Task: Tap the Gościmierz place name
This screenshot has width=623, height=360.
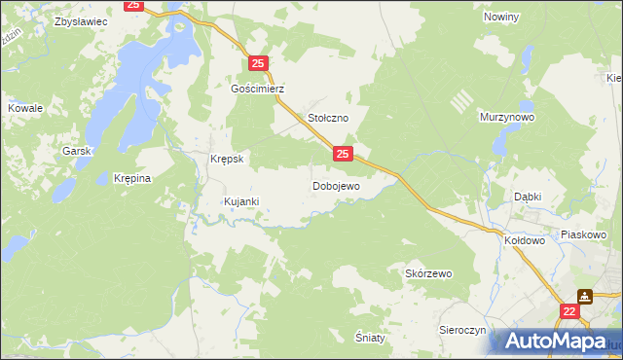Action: click(257, 88)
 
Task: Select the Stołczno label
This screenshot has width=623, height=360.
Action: click(328, 117)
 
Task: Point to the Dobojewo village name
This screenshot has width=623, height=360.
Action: click(336, 185)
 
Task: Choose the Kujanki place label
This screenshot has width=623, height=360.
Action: click(240, 201)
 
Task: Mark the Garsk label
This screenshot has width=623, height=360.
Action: click(76, 151)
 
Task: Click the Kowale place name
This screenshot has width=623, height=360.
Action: click(25, 108)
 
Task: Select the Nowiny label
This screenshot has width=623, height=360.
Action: click(502, 18)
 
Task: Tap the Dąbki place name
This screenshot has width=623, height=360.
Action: click(528, 196)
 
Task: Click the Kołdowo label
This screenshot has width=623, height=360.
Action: click(525, 238)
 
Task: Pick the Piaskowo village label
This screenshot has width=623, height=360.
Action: click(584, 234)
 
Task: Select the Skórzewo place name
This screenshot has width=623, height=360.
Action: click(428, 274)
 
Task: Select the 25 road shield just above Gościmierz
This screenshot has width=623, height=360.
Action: click(258, 64)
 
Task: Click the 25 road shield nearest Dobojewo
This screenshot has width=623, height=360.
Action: click(343, 154)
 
